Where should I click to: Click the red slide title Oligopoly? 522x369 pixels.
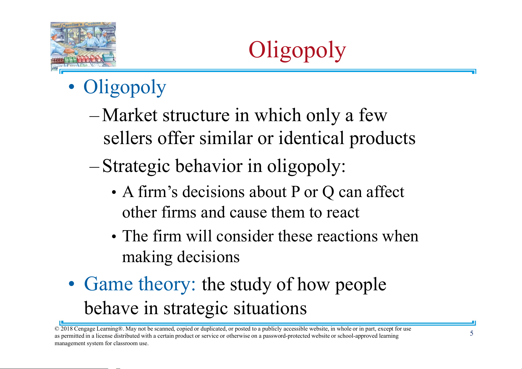[297, 51]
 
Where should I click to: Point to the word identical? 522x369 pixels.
[311, 138]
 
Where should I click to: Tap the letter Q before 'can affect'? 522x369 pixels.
[328, 193]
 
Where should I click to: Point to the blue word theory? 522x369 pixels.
[167, 285]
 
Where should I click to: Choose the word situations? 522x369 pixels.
[270, 308]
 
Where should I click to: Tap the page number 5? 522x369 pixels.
[472, 333]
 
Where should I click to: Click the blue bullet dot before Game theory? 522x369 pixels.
[72, 284]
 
